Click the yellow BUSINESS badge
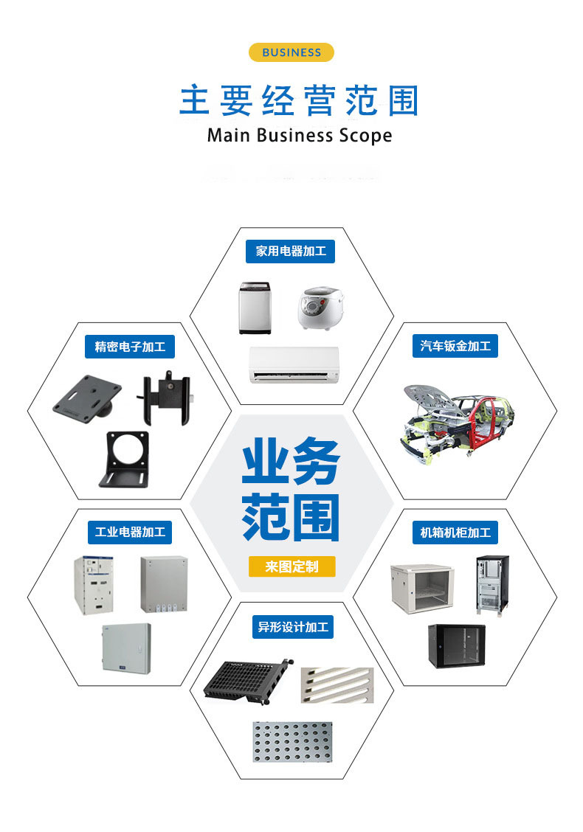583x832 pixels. [291, 52]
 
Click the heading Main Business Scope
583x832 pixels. [299, 136]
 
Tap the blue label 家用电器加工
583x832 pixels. [291, 252]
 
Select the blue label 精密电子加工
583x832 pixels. [130, 346]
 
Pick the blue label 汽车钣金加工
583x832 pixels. [455, 346]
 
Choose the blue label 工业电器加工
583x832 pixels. [130, 532]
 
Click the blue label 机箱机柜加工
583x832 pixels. [455, 532]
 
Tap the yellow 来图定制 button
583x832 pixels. [292, 566]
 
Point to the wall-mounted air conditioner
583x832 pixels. [294, 365]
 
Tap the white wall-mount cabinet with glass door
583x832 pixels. [421, 587]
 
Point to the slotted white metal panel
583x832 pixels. [337, 685]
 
